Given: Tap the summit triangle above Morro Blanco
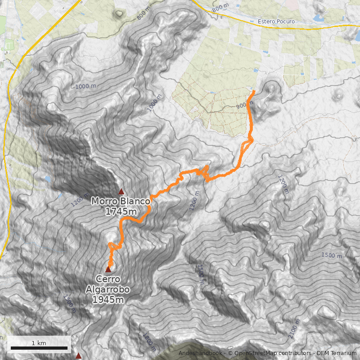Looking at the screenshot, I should pos(121,191).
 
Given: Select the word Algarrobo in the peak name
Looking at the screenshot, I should pos(106,289).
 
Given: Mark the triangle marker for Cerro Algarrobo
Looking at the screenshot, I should pos(108,269).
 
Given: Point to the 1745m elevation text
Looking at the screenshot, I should pos(121,211).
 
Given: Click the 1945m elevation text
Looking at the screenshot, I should pos(108,299).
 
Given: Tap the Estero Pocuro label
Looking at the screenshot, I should pos(276,22).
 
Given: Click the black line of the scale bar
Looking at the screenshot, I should pos(39,348).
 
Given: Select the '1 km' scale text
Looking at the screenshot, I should pos(39,343).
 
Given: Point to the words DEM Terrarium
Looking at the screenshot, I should pos(336,353).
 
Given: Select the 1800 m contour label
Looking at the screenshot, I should pos(149,342).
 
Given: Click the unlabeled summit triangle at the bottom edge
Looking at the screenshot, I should pos(79,356).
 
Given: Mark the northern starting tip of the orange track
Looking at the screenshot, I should pos(254,92).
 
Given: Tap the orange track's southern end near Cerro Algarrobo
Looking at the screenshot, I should pos(110,263).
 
